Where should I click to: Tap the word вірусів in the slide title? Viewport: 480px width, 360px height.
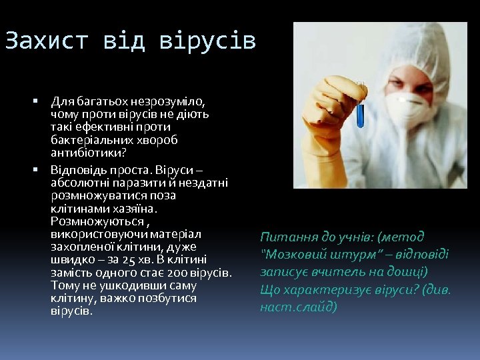[x=207, y=41]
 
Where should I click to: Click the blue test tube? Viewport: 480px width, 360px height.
[x=360, y=107]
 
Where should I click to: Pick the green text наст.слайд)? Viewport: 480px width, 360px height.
[x=299, y=307]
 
